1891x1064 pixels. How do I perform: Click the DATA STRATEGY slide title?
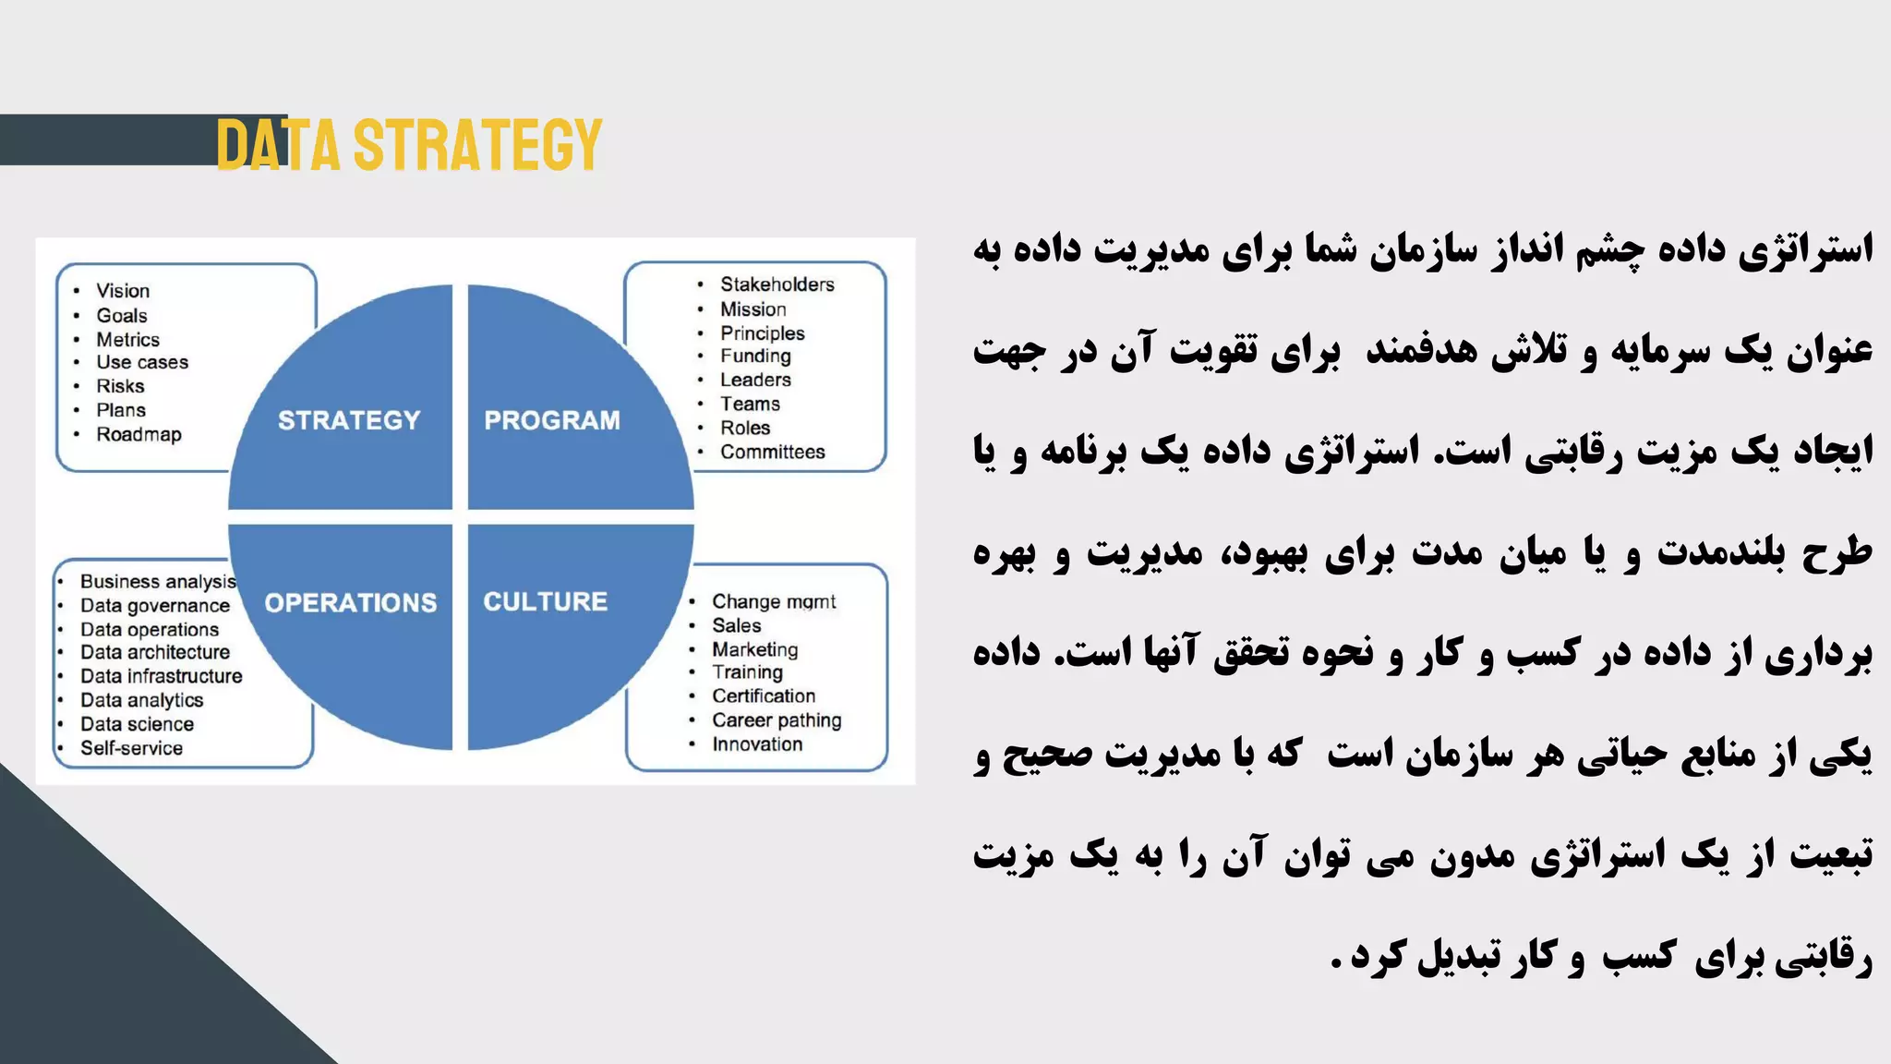click(409, 145)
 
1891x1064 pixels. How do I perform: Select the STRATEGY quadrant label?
click(349, 420)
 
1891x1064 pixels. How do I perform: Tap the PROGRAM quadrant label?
click(552, 420)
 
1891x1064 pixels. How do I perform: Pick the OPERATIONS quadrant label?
click(351, 603)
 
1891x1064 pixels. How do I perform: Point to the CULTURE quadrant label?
click(545, 601)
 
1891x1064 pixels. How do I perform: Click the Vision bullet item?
click(123, 291)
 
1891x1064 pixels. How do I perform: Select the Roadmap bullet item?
click(139, 434)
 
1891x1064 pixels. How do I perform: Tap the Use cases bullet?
click(142, 362)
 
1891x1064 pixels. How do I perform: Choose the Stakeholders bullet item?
click(777, 284)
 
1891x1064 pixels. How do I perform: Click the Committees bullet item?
click(772, 452)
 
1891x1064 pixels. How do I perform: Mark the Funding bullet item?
click(755, 356)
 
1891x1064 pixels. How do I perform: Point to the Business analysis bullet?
click(158, 581)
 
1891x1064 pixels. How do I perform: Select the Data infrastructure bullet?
click(161, 676)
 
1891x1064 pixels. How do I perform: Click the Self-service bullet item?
click(131, 748)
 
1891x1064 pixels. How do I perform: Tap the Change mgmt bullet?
click(773, 601)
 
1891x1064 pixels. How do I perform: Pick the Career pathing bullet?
click(776, 719)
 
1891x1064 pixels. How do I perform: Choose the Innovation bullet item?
click(756, 744)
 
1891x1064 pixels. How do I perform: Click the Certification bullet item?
click(763, 695)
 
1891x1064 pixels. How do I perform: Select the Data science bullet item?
click(137, 724)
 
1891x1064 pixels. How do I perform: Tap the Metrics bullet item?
click(127, 340)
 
